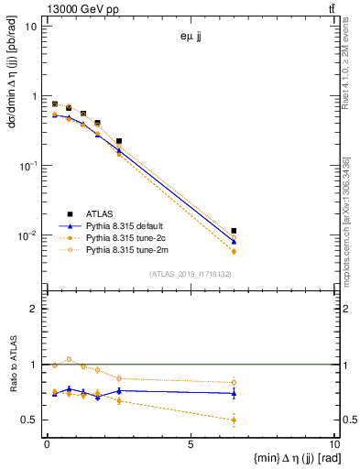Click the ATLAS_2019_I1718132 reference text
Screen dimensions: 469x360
(x=190, y=273)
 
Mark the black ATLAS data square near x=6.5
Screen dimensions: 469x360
(x=234, y=231)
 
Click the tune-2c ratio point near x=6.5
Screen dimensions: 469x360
(x=234, y=420)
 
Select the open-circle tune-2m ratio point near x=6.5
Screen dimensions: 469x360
(x=234, y=382)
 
